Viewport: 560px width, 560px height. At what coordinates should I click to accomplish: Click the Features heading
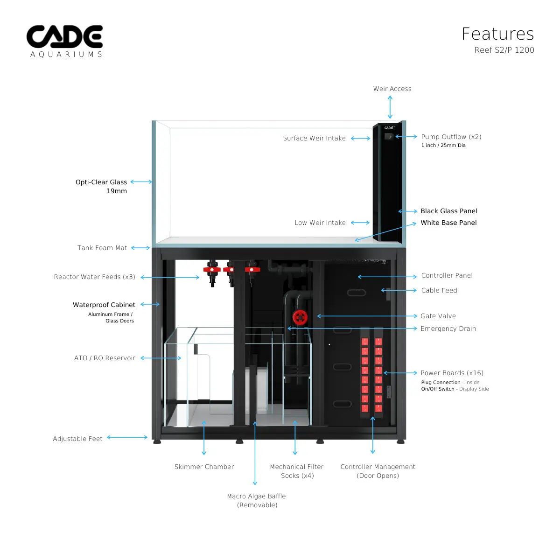pyautogui.click(x=497, y=34)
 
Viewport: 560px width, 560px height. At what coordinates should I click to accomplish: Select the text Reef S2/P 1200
pyautogui.click(x=504, y=50)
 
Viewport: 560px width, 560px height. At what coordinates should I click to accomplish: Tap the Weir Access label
pyautogui.click(x=392, y=89)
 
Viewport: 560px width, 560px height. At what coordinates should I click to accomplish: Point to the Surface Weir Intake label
pyautogui.click(x=314, y=138)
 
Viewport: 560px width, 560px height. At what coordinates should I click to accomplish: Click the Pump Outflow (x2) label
pyautogui.click(x=451, y=137)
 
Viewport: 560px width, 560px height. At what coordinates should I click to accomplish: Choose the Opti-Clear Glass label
pyautogui.click(x=101, y=182)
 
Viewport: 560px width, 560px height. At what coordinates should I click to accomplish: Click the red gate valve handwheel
pyautogui.click(x=300, y=317)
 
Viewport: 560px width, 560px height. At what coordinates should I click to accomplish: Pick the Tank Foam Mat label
pyautogui.click(x=102, y=248)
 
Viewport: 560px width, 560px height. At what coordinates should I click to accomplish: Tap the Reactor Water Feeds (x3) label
pyautogui.click(x=95, y=277)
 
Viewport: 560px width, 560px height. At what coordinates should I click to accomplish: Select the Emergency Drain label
pyautogui.click(x=448, y=329)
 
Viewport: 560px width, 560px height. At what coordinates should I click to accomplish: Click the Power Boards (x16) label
pyautogui.click(x=452, y=373)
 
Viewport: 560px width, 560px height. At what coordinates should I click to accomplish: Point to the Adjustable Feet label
pyautogui.click(x=77, y=439)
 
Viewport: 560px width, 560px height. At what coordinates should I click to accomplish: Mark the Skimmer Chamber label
pyautogui.click(x=204, y=467)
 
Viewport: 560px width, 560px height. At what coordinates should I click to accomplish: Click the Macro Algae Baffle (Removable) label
pyautogui.click(x=257, y=500)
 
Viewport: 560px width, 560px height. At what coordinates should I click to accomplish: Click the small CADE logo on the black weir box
pyautogui.click(x=389, y=127)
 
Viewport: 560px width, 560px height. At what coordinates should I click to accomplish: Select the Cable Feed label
pyautogui.click(x=439, y=290)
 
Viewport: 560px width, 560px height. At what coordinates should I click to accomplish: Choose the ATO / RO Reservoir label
pyautogui.click(x=105, y=358)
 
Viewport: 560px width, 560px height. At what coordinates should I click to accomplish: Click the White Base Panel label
pyautogui.click(x=448, y=223)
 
